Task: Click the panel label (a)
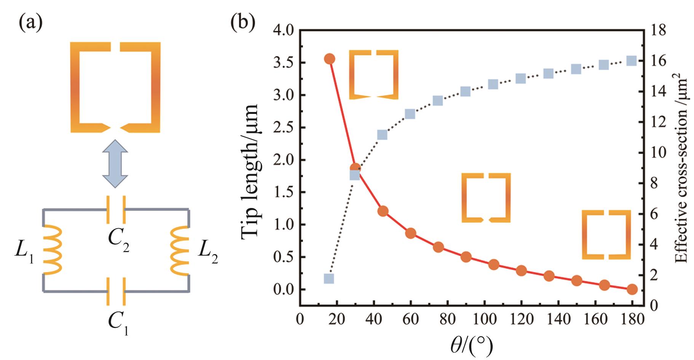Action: tap(30, 23)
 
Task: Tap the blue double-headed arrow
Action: tap(115, 164)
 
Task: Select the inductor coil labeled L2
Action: tap(180, 250)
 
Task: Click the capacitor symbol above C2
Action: tap(116, 209)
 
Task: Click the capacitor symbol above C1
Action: tap(116, 291)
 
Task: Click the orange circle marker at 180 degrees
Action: tap(632, 289)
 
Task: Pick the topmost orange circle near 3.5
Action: tap(329, 59)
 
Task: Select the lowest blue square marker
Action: tap(329, 278)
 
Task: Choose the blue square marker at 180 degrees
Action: tap(632, 61)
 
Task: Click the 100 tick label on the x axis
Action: tap(485, 319)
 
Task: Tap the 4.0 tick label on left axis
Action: tap(283, 30)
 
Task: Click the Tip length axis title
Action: tap(250, 171)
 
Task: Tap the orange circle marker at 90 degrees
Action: tap(466, 257)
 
